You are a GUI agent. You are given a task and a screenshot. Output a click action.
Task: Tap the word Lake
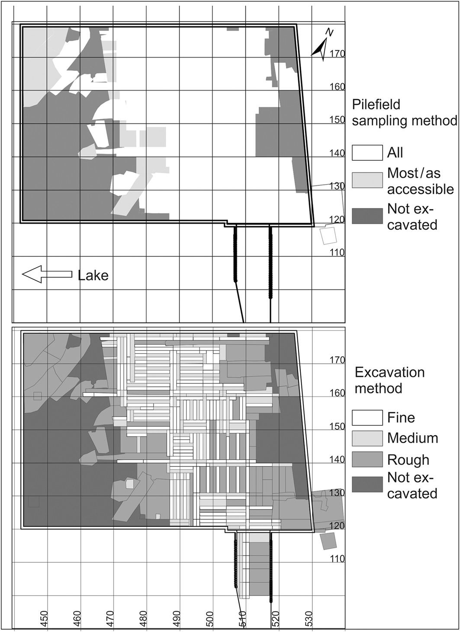click(x=93, y=275)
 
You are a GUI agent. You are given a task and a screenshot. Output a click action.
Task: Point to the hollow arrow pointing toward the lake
click(x=47, y=275)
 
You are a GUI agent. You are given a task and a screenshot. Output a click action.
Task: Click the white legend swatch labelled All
click(x=367, y=153)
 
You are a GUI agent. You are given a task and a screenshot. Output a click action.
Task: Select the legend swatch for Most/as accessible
click(x=367, y=180)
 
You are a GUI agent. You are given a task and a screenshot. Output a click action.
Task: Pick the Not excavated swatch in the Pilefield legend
click(x=367, y=216)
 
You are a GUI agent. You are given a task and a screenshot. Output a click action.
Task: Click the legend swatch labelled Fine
click(x=367, y=418)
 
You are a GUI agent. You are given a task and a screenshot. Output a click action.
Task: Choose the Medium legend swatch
click(x=367, y=438)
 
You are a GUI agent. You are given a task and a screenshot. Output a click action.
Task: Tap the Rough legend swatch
click(x=367, y=460)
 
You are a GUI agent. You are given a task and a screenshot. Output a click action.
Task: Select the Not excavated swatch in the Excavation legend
click(x=367, y=485)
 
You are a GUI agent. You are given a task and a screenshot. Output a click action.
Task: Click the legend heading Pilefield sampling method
click(x=404, y=112)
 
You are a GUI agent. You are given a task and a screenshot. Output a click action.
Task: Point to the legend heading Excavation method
click(x=389, y=380)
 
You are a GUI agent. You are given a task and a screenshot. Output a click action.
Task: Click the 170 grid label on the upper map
click(x=337, y=54)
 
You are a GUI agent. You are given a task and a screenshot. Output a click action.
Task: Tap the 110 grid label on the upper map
click(x=337, y=253)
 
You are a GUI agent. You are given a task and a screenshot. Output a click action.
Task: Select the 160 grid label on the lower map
click(x=337, y=393)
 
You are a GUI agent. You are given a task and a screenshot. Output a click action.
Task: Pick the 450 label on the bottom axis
click(x=43, y=616)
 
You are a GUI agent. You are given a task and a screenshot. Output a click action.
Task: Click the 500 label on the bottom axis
click(x=209, y=616)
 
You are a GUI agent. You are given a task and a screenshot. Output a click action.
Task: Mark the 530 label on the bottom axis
click(x=309, y=616)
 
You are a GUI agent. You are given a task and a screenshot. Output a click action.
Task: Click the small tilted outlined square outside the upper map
click(x=328, y=236)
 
